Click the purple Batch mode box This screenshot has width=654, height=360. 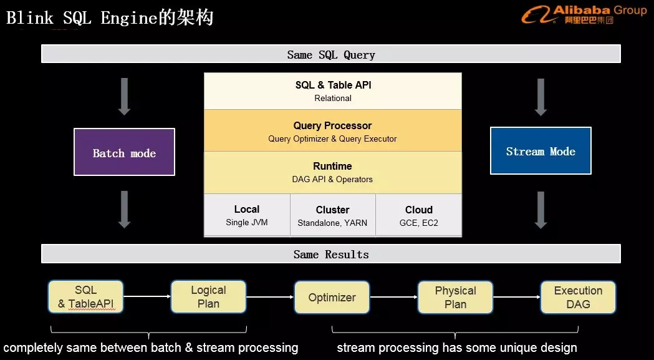click(124, 152)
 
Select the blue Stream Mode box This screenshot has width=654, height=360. click(541, 151)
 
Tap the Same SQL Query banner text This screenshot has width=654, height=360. click(331, 55)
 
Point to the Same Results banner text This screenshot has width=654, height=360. click(331, 255)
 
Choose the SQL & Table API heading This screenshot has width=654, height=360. click(333, 85)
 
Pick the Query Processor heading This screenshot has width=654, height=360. click(332, 125)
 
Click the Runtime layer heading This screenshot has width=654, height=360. click(332, 166)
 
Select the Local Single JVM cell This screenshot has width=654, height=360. click(247, 215)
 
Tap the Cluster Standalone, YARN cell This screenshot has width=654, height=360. click(332, 215)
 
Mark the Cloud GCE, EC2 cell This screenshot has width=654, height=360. click(418, 215)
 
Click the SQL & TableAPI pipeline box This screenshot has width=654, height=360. click(85, 297)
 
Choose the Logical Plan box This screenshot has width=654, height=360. click(208, 297)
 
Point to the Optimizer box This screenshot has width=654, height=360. click(332, 298)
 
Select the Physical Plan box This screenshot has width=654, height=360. click(455, 298)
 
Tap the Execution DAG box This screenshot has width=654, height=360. click(578, 297)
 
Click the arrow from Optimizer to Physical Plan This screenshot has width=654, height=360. click(393, 298)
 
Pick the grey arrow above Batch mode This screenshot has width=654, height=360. click(124, 96)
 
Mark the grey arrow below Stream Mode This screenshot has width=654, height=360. click(541, 209)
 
